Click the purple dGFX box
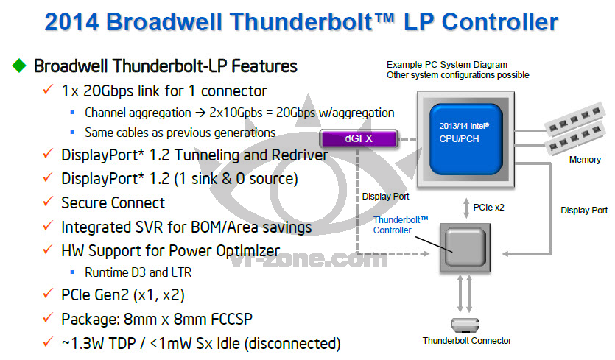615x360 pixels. (359, 138)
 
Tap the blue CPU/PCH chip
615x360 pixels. (465, 139)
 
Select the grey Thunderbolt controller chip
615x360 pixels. (465, 248)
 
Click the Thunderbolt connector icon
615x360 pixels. (465, 325)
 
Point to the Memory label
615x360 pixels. (585, 160)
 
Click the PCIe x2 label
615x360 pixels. (489, 208)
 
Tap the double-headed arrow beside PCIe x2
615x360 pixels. (466, 208)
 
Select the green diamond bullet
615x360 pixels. (19, 66)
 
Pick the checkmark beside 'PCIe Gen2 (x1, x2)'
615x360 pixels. (48, 293)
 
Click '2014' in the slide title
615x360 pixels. (71, 22)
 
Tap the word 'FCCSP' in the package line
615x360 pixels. (231, 320)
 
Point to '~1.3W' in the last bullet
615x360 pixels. (82, 344)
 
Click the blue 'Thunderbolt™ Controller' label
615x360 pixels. (401, 225)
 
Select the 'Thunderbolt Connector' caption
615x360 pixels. (467, 341)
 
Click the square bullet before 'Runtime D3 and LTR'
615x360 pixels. (72, 272)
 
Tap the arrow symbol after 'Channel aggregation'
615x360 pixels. (200, 113)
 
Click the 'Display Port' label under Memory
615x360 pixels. (584, 211)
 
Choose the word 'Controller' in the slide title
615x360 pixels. (500, 22)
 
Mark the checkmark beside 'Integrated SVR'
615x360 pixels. (48, 225)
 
